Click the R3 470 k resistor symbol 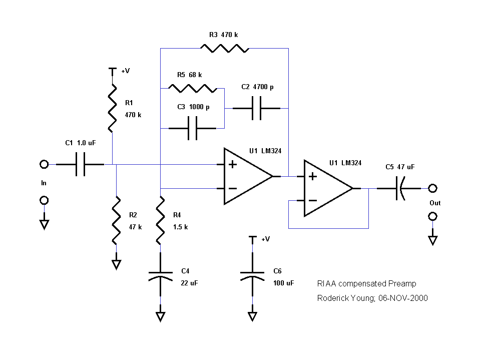[224, 48]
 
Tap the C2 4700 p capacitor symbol [256, 108]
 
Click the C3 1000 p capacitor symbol [192, 128]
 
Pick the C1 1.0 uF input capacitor [80, 164]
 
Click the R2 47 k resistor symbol [116, 220]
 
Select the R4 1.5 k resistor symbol [160, 220]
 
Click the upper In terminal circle [44, 164]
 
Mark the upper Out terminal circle [432, 188]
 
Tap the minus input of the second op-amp [312, 200]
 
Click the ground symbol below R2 [116, 264]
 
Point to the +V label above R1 [125, 71]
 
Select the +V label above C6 [265, 239]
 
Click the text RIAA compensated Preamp [366, 283]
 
